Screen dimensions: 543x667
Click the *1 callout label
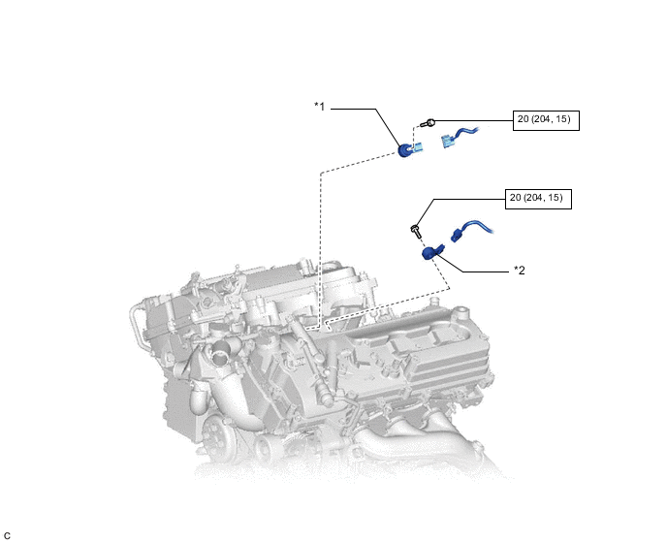320,106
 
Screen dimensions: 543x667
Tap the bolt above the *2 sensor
415,230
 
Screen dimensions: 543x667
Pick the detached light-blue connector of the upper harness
449,142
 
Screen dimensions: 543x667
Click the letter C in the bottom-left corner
8,534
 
